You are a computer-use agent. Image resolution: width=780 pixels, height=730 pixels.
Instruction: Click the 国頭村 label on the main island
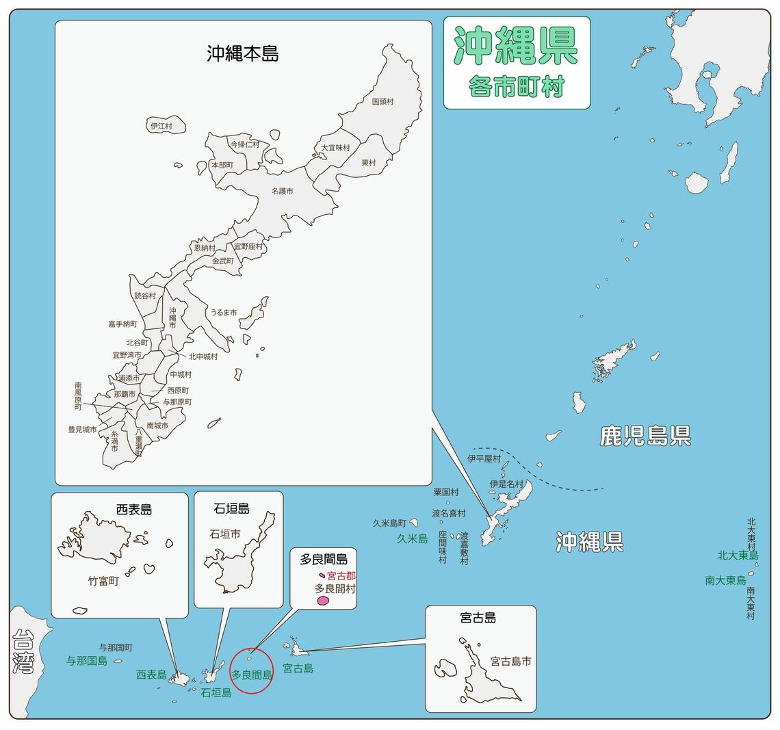382,101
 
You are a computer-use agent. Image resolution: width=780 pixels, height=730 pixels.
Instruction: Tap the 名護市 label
282,192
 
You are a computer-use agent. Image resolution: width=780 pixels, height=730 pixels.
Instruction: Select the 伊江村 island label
161,127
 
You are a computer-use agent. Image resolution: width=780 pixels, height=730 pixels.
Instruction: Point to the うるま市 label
223,313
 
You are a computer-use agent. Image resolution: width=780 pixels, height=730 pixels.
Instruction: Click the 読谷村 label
145,296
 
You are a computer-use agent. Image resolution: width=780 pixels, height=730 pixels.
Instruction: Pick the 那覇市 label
125,394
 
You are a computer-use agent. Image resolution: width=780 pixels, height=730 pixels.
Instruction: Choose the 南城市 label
157,426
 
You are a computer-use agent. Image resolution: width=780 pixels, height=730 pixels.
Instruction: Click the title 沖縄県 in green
517,47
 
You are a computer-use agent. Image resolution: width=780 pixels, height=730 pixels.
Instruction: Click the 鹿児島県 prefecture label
645,436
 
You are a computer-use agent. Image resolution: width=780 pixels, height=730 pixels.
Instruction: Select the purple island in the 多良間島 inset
323,601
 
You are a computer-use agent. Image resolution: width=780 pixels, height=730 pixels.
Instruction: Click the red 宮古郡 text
341,576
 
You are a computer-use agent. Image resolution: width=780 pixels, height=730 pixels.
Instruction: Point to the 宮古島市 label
510,662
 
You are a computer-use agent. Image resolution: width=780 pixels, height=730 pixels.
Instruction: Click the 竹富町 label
103,582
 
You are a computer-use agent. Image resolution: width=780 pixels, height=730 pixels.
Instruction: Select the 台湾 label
23,652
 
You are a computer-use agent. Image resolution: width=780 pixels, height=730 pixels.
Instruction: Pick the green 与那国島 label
87,661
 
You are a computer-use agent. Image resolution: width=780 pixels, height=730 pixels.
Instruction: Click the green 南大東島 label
725,580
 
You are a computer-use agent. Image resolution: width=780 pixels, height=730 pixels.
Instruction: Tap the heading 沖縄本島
243,53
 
